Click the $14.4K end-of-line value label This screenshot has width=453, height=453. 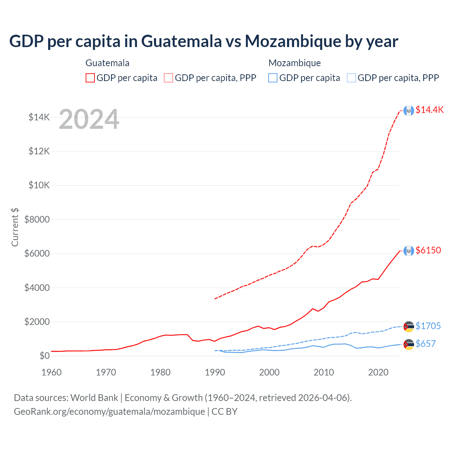pyautogui.click(x=429, y=110)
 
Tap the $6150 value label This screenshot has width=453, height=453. pyautogui.click(x=428, y=250)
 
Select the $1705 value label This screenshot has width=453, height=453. pyautogui.click(x=428, y=326)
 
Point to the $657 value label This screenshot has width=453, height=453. pyautogui.click(x=425, y=344)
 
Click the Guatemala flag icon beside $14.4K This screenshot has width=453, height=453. pyautogui.click(x=409, y=111)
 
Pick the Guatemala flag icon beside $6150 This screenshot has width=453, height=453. pyautogui.click(x=409, y=251)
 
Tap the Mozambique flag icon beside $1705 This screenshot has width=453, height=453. pyautogui.click(x=409, y=327)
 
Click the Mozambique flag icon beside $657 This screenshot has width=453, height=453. pyautogui.click(x=409, y=344)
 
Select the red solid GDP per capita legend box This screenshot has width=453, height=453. pyautogui.click(x=90, y=78)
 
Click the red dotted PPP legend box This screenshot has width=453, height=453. pyautogui.click(x=168, y=78)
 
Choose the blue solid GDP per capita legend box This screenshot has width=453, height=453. pyautogui.click(x=273, y=78)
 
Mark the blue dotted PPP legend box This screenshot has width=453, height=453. pyautogui.click(x=351, y=78)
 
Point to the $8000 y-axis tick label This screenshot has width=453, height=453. pyautogui.click(x=37, y=219)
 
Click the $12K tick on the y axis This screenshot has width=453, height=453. pyautogui.click(x=39, y=151)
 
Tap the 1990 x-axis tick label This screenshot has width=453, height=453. pyautogui.click(x=215, y=372)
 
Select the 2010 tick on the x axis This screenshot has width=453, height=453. pyautogui.click(x=324, y=372)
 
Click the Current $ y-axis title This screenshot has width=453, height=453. pyautogui.click(x=15, y=227)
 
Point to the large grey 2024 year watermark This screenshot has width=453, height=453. pyautogui.click(x=89, y=120)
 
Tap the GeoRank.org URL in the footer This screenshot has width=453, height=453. pyautogui.click(x=109, y=412)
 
